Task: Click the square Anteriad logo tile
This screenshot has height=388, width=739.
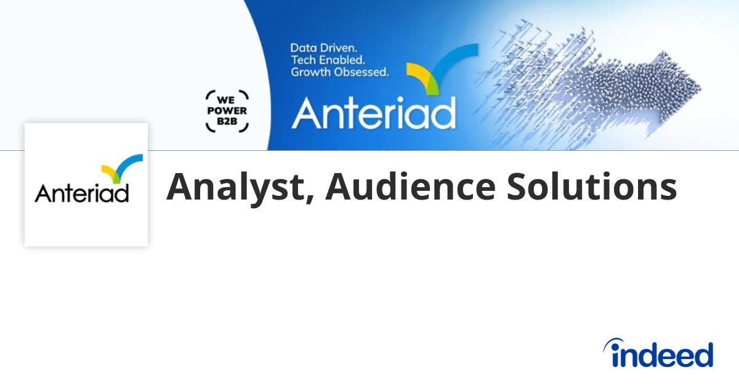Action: pos(86,185)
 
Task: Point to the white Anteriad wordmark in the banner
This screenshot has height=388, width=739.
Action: pos(373,112)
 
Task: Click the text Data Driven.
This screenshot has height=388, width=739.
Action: pos(324,47)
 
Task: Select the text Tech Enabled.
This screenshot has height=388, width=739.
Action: pos(328,60)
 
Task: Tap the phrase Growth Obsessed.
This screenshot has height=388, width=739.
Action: pos(339,72)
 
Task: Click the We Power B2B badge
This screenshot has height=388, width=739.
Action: pos(227,111)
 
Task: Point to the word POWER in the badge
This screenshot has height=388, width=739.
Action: pos(227,111)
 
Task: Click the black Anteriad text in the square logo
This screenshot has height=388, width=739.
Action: pos(82,193)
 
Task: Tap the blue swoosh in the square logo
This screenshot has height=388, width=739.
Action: pos(131,162)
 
